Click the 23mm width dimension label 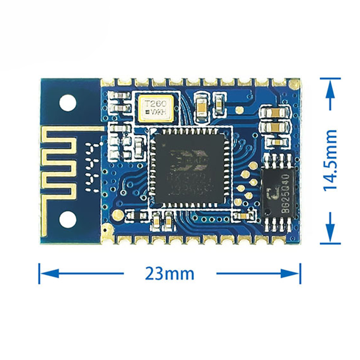(x=169, y=274)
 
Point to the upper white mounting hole (x=68, y=101)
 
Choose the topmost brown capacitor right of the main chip (x=275, y=112)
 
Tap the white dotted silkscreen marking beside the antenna (x=91, y=167)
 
